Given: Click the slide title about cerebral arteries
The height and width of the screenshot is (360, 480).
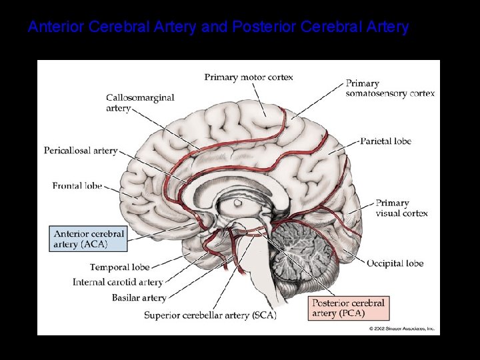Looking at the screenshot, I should (218, 27).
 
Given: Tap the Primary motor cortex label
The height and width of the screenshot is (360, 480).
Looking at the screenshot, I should (249, 77).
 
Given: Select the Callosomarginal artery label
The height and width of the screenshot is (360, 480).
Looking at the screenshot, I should (140, 103).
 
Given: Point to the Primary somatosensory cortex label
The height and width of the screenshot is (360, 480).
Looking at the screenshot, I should (390, 89).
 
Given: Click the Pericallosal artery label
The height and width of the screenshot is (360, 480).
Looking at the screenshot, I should (81, 151).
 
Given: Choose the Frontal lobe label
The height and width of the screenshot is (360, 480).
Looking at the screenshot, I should (77, 185).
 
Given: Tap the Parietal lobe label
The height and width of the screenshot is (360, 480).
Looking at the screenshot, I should (386, 141).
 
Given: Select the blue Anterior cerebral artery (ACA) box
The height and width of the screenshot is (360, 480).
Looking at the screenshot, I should (89, 239).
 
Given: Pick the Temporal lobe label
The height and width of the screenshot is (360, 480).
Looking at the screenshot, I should (121, 268).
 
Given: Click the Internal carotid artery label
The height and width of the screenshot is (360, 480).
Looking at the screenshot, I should (118, 283).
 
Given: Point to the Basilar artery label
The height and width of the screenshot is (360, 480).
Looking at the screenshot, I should (139, 297).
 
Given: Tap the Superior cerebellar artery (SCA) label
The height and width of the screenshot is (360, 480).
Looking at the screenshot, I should (210, 315).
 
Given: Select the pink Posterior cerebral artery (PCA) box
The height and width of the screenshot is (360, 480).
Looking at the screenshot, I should (348, 308).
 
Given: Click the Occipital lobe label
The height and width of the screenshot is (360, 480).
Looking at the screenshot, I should (395, 263).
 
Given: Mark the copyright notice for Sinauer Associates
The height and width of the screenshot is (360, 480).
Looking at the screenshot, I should (403, 328).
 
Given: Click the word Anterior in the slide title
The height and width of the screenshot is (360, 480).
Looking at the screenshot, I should (56, 27).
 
